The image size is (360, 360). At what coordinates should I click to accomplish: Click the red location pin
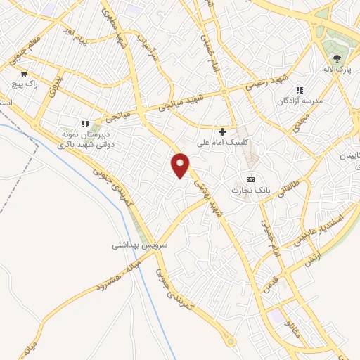tap(181, 165)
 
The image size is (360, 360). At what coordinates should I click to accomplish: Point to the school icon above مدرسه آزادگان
tap(300, 91)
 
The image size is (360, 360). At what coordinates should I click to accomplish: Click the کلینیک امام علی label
tap(223, 143)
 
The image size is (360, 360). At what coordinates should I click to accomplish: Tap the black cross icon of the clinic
tap(223, 131)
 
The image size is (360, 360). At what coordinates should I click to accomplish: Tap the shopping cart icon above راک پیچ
tap(25, 73)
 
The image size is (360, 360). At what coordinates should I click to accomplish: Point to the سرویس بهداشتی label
tap(140, 246)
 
